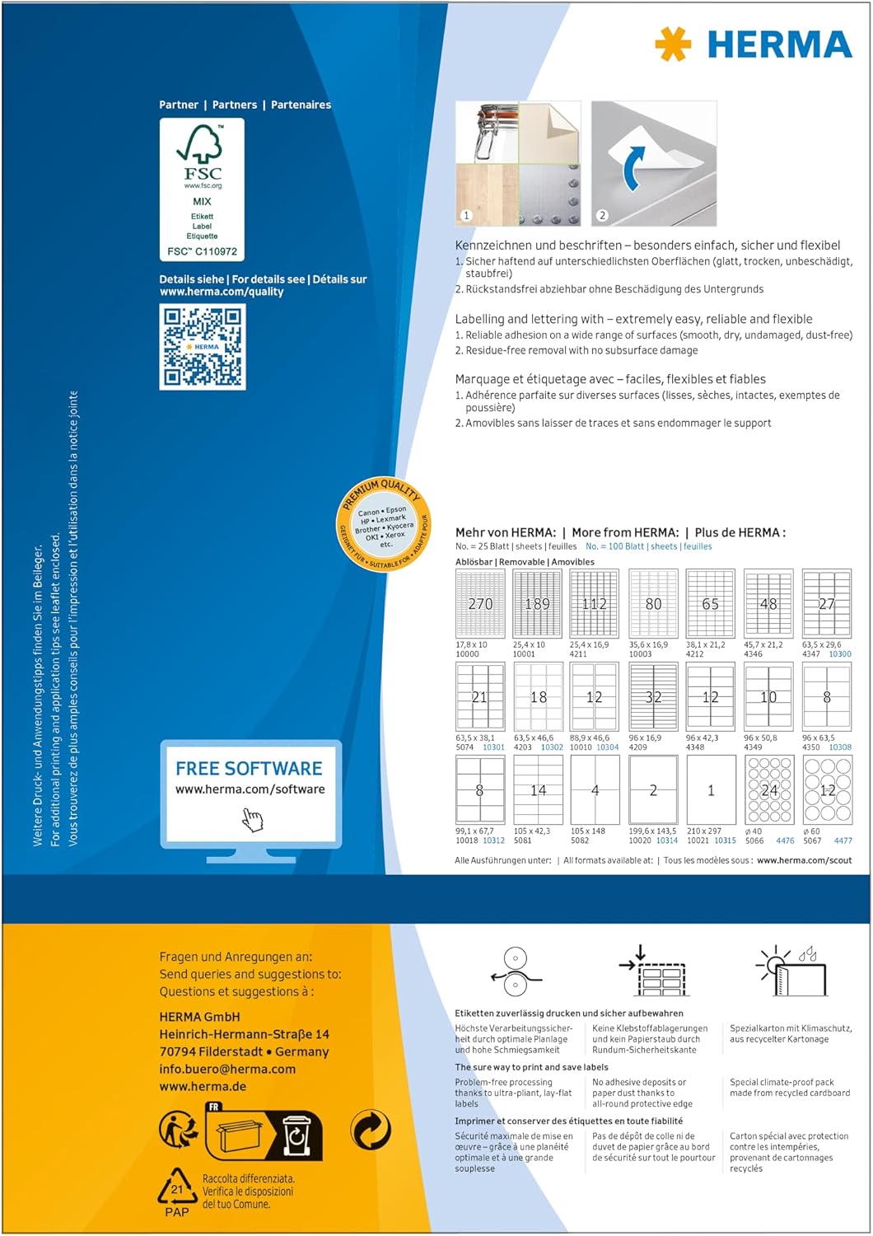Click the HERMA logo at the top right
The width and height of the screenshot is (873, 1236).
click(753, 44)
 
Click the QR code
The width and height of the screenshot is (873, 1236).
click(203, 346)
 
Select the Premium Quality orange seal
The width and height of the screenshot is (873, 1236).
click(384, 524)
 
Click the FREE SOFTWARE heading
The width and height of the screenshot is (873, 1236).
click(249, 769)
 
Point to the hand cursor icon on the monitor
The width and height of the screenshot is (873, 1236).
click(252, 819)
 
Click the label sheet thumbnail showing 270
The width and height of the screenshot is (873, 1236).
click(480, 603)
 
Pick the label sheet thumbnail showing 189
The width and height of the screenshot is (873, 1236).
click(537, 603)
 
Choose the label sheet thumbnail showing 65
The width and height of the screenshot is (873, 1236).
click(710, 603)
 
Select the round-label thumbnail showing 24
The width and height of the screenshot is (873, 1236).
click(768, 789)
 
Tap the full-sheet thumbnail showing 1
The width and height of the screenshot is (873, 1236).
click(711, 789)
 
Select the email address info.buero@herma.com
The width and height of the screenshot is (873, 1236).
click(227, 1069)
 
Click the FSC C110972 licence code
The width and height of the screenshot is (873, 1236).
click(202, 251)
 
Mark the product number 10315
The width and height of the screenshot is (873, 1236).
click(725, 840)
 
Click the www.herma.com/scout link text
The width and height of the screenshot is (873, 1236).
click(804, 860)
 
